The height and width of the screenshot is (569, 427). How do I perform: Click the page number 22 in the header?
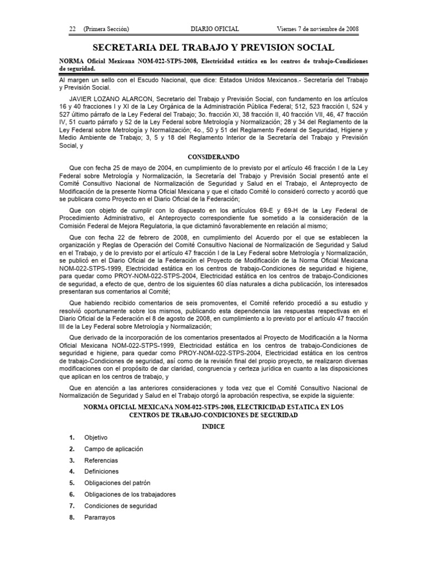(x=72, y=29)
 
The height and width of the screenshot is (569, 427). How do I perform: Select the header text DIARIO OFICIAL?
(x=215, y=29)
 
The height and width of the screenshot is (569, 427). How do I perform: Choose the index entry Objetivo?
(x=96, y=437)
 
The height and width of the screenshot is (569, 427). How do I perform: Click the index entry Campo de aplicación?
(x=113, y=449)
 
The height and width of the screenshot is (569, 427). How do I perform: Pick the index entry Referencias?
(x=101, y=460)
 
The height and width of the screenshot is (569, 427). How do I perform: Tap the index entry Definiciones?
(x=101, y=472)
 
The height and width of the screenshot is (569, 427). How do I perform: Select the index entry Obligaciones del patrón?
(x=117, y=483)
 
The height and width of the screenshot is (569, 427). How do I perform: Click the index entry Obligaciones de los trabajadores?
(x=130, y=495)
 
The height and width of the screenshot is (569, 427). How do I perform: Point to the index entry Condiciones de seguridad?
(x=121, y=506)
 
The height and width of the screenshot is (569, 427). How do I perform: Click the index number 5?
(x=72, y=483)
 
